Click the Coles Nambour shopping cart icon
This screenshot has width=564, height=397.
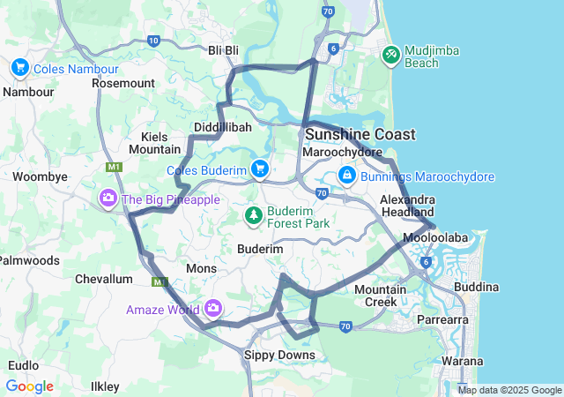tap(19, 67)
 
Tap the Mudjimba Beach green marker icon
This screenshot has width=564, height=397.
tap(391, 55)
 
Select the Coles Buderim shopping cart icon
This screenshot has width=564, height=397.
tap(259, 169)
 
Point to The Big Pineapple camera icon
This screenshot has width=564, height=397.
tap(108, 199)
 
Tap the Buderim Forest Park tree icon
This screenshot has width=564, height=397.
tap(254, 214)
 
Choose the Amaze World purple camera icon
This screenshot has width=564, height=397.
tap(212, 309)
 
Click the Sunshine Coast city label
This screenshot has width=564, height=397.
tap(360, 134)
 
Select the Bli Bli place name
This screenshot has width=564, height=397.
tap(223, 51)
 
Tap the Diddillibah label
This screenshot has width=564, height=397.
tap(222, 127)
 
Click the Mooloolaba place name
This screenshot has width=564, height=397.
tap(431, 238)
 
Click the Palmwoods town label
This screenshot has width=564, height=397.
tap(29, 260)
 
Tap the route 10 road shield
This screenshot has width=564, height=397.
tap(154, 41)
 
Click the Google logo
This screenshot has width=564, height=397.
tap(29, 386)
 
